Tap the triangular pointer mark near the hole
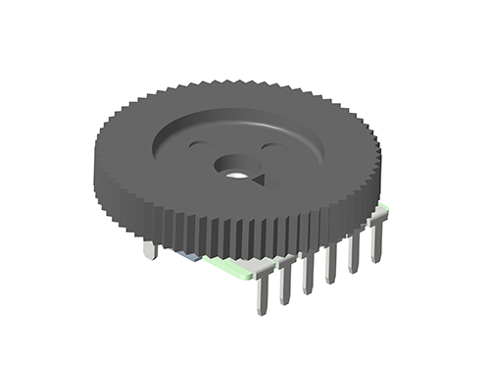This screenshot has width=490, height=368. pos(260,181)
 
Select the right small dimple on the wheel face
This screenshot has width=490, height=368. pos(265,146)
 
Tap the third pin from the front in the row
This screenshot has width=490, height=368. pos(309,272)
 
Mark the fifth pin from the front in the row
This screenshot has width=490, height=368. pos(355,252)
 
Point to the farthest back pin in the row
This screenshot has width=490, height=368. pos(376,241)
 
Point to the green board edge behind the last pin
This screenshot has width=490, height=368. pos(388,210)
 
